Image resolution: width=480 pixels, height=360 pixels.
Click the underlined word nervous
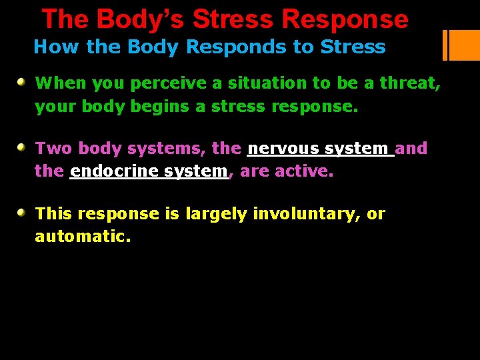pyautogui.click(x=283, y=148)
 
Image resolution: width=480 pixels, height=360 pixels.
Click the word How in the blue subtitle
pyautogui.click(x=50, y=47)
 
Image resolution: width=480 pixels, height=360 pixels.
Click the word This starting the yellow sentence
pyautogui.click(x=54, y=214)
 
